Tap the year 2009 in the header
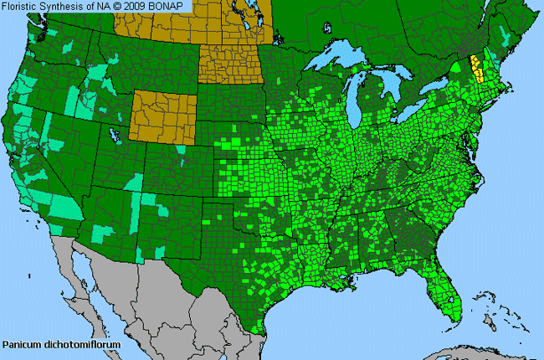click(137, 7)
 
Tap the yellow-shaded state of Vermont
click(477, 67)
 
